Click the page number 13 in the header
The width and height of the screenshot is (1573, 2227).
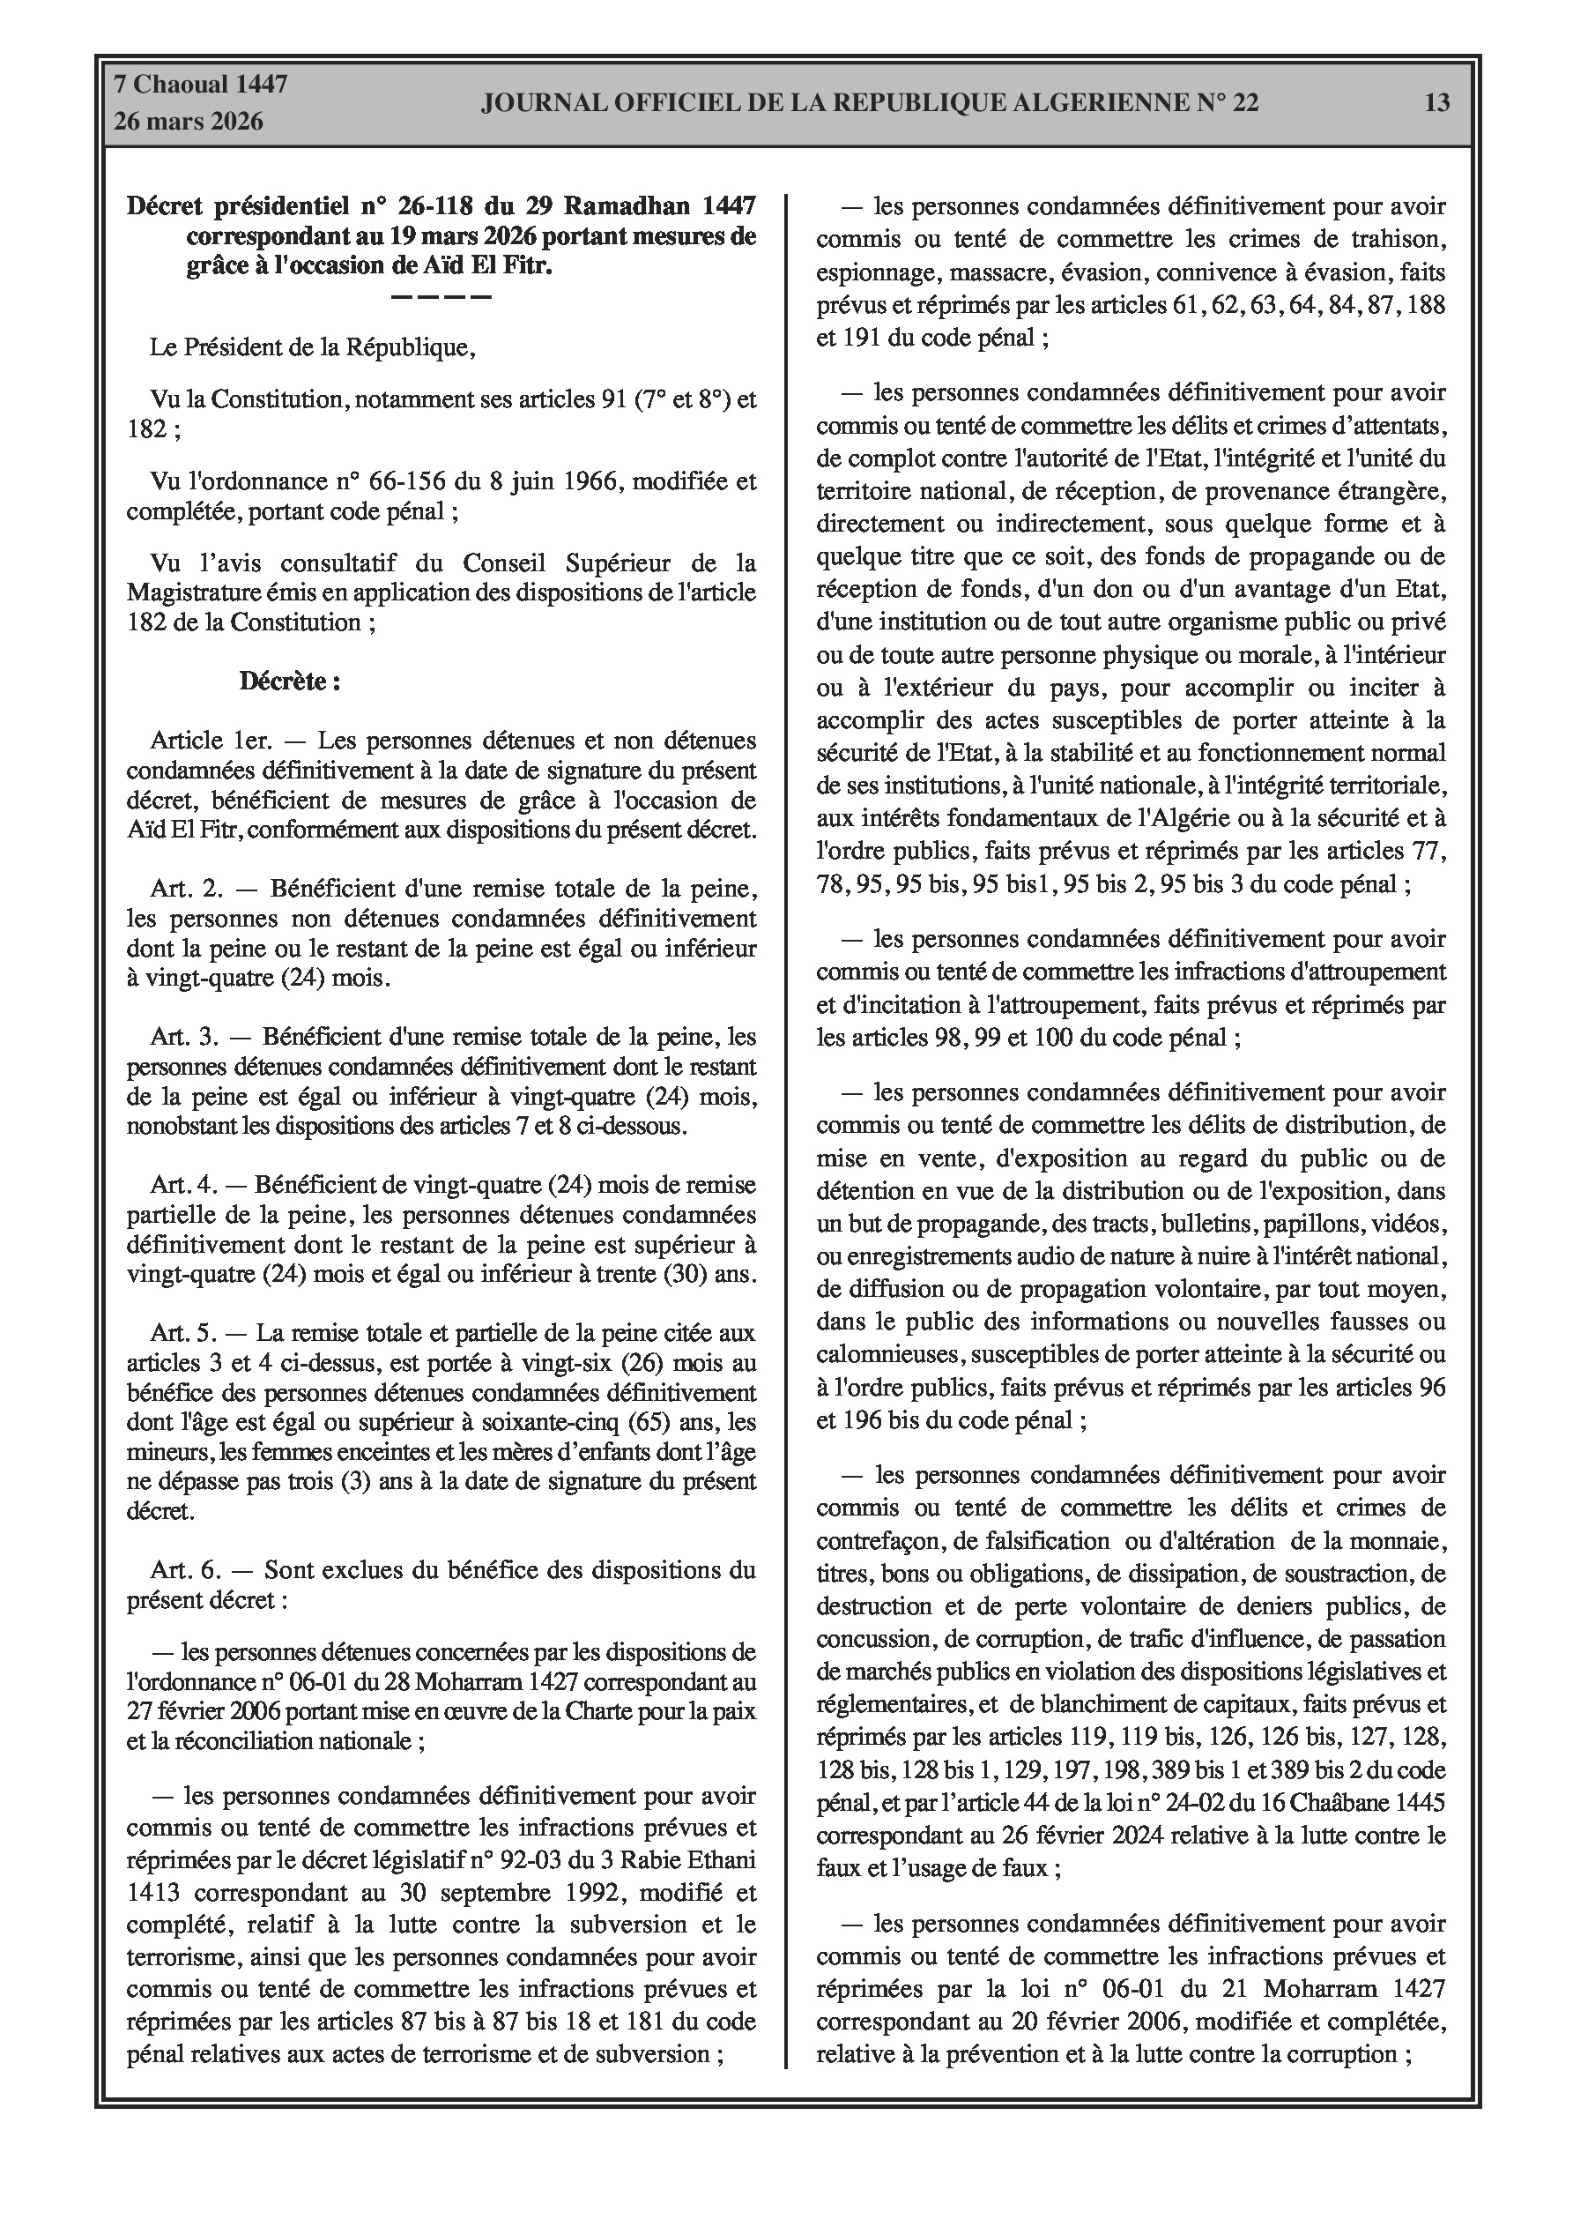1436,103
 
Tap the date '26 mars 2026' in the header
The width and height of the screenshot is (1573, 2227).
188,123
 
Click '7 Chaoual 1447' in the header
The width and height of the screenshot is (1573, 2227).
201,85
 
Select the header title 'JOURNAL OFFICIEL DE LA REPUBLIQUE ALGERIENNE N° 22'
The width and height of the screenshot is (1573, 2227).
870,103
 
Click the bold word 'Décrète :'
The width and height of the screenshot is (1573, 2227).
290,682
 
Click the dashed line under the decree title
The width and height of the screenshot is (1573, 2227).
441,296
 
